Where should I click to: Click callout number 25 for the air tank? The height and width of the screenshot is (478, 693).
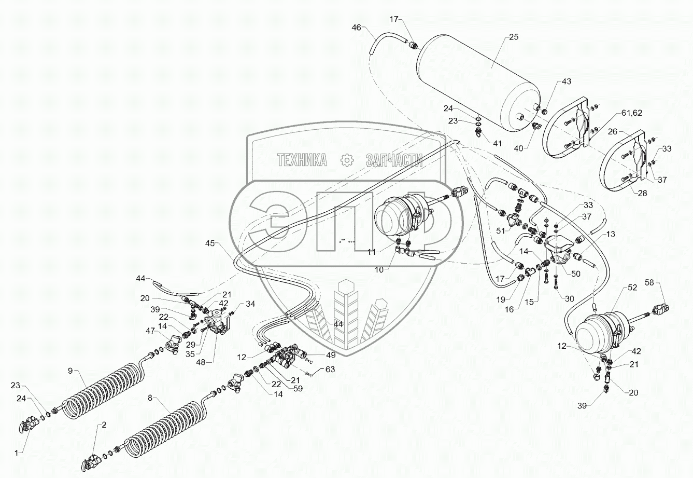[513, 37]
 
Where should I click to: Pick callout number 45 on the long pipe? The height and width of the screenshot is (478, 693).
[210, 243]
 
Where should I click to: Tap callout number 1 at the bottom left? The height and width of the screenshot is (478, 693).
[16, 453]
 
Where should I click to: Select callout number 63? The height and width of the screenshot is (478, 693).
[330, 370]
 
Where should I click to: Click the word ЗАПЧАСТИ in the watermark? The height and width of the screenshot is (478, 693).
[394, 160]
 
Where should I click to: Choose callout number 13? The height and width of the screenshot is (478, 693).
[611, 235]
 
